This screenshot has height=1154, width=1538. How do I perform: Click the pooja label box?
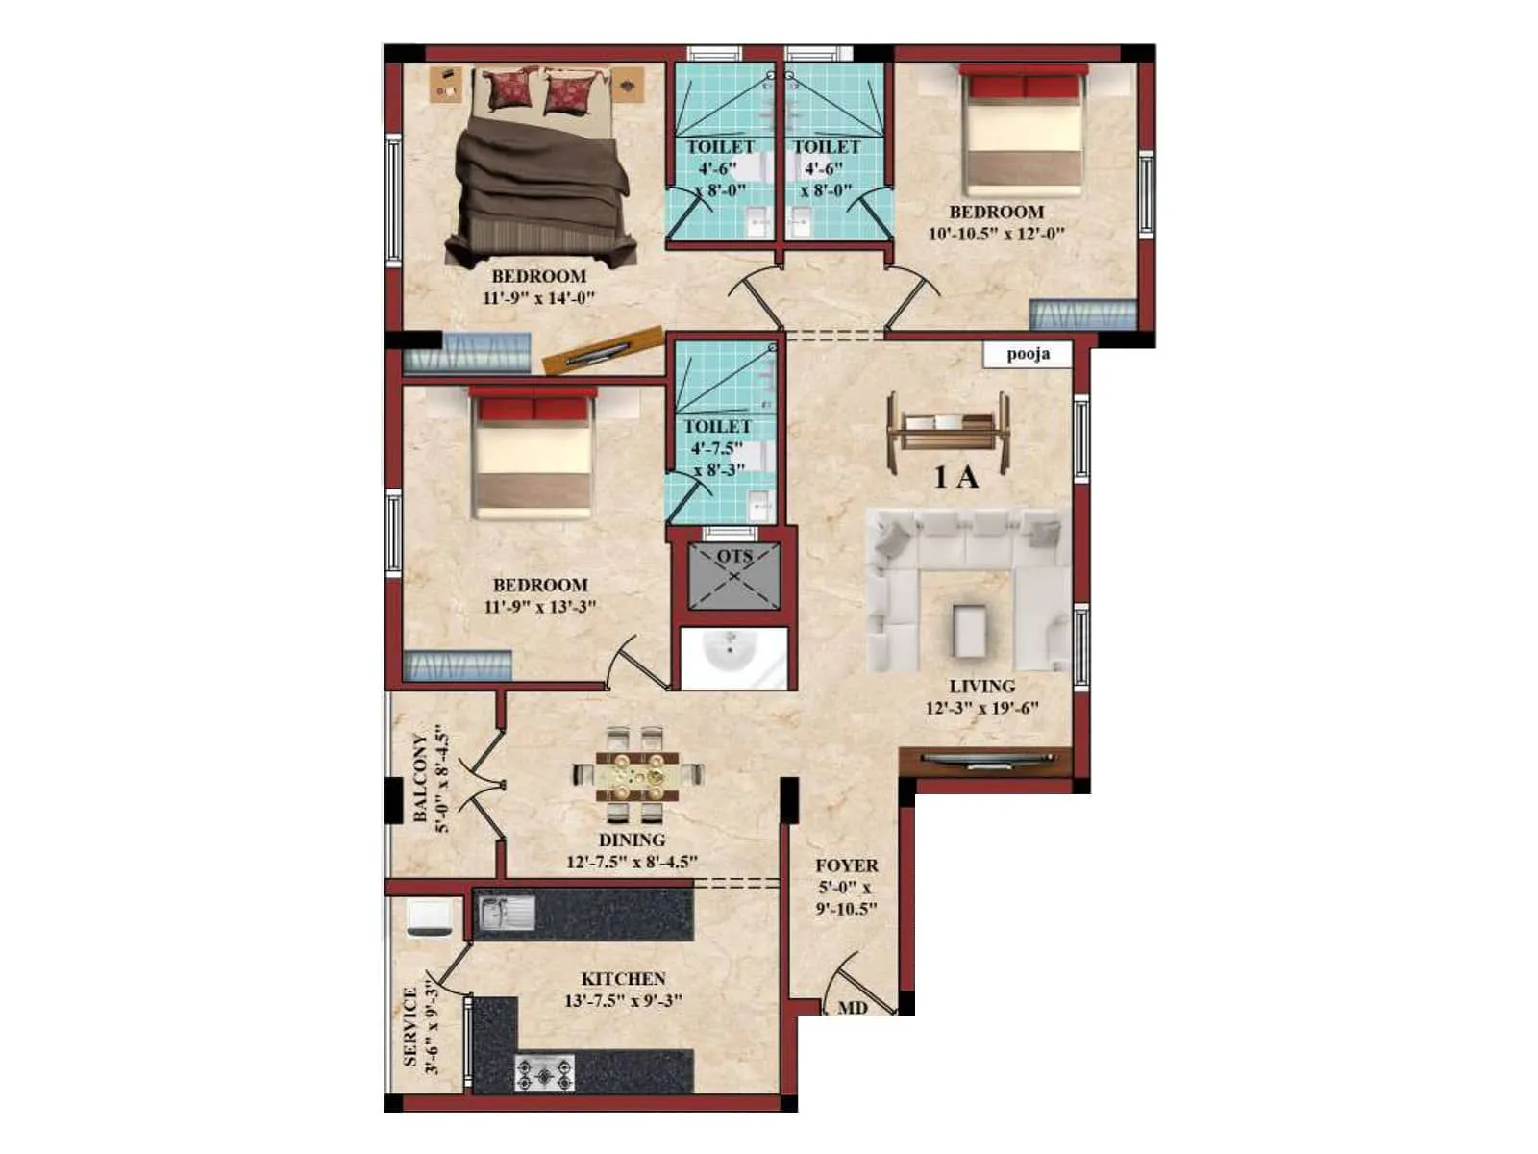1028,354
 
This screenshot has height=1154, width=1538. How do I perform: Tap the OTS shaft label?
734,557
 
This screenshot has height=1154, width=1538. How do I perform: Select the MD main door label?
853,1008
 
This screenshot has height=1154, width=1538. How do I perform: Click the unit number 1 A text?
955,477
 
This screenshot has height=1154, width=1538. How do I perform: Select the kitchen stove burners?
545,1073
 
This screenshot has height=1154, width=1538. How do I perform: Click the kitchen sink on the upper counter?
508,913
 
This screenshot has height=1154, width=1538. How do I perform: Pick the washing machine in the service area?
428,917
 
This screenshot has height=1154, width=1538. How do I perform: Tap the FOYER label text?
846,865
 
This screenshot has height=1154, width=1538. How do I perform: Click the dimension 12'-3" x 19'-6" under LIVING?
981,709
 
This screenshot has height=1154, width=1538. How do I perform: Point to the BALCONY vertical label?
420,779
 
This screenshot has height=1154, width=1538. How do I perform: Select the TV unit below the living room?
983,761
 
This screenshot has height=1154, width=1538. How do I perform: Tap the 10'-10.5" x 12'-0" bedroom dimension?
996,234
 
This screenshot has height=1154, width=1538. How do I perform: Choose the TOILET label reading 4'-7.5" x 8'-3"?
717,448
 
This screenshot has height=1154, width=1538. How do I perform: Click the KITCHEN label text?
623,978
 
